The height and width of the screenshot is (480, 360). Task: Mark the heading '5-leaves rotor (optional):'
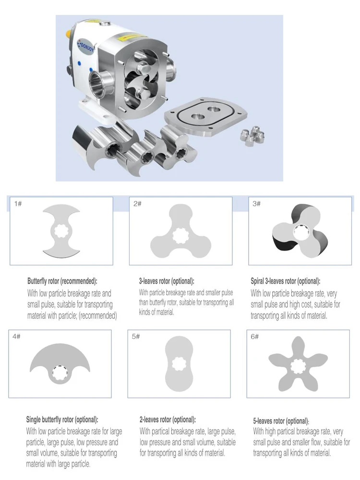click(281, 421)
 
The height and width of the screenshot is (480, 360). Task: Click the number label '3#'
click(256, 204)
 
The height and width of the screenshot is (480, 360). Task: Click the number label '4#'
click(16, 336)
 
